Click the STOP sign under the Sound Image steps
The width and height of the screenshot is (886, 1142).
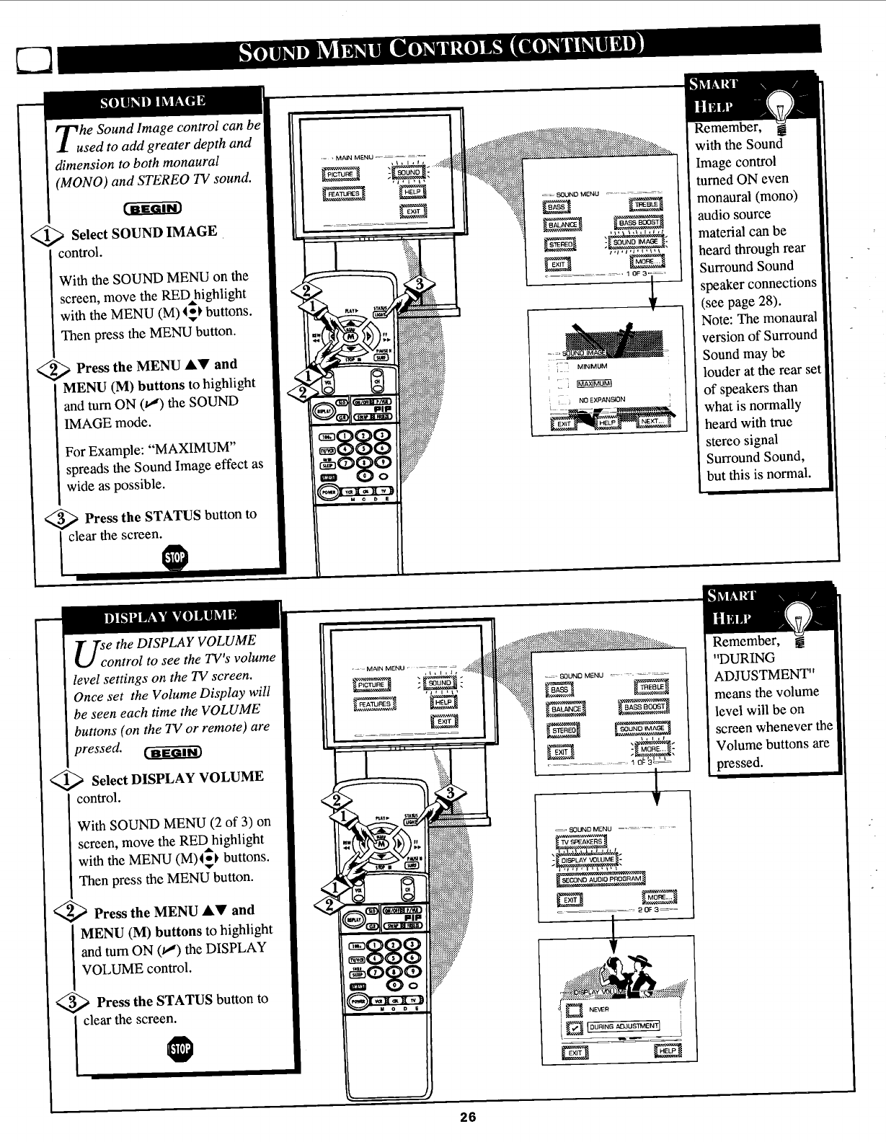tap(175, 558)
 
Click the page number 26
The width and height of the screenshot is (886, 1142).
tap(469, 1117)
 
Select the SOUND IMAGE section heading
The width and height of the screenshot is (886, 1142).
tap(152, 101)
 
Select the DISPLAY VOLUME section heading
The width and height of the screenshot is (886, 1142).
tap(170, 616)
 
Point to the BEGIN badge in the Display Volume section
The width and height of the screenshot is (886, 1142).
tap(177, 754)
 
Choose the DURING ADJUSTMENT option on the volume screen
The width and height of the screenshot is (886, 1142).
tap(624, 1027)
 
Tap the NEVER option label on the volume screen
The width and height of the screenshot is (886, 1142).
tap(599, 1009)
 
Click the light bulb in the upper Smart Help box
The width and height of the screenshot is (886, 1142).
tap(779, 112)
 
